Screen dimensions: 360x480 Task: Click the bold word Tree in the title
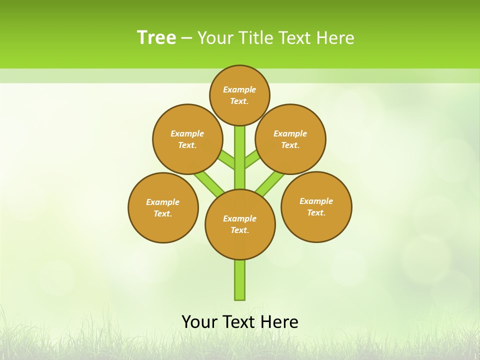[x=156, y=38]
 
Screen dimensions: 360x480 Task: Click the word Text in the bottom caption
[x=240, y=322]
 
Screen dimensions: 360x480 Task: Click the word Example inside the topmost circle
[x=239, y=89]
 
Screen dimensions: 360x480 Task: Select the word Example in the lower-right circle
[x=316, y=201]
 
